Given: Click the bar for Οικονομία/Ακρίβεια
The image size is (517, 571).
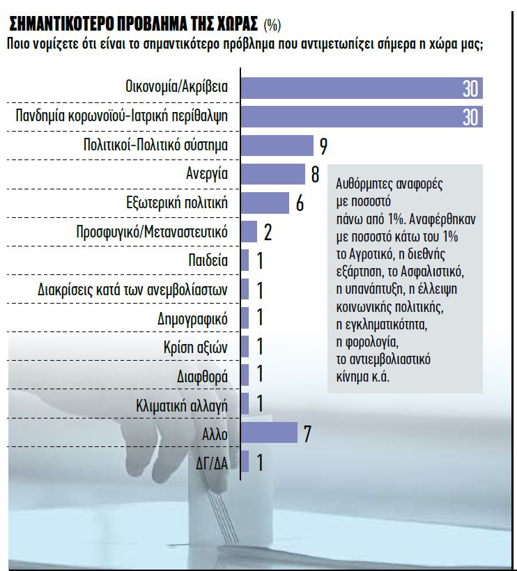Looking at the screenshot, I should [361, 88].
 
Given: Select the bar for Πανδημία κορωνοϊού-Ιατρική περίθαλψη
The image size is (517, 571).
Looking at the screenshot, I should [361, 116].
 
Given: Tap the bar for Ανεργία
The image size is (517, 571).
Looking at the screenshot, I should [273, 174].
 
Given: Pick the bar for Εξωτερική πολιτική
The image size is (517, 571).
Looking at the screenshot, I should [265, 203].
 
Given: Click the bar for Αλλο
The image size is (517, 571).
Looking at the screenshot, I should [269, 432].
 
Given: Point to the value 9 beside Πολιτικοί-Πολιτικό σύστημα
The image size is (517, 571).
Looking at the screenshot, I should [323, 146].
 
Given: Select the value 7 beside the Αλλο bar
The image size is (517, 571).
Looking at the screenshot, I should [307, 432].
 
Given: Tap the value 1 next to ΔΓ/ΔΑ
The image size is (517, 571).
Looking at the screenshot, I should [259, 462].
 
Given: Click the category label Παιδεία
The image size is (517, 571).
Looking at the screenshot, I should [208, 260].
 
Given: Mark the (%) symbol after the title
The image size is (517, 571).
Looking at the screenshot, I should [272, 26].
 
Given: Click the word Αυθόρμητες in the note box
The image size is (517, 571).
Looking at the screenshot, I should [369, 184].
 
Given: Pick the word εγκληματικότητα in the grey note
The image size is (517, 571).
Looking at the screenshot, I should [381, 324].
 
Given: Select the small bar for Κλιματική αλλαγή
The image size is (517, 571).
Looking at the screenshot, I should [245, 404].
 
